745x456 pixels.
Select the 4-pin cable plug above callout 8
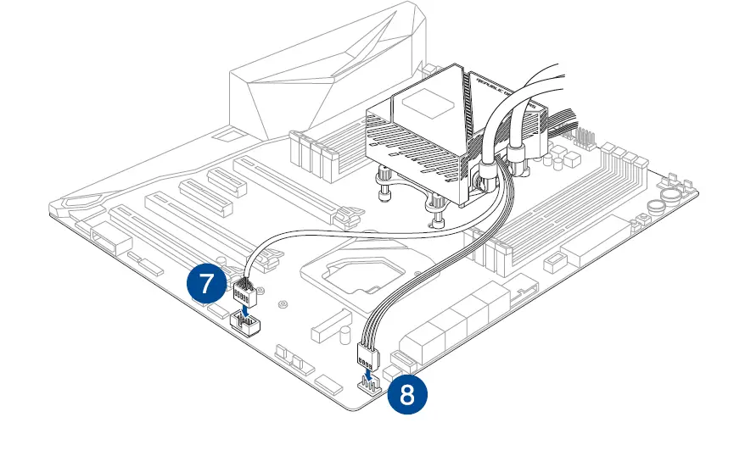tap(368, 349)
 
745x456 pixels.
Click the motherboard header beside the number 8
tap(369, 386)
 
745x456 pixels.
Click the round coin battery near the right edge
tap(658, 206)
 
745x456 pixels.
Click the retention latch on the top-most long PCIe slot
tap(343, 218)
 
